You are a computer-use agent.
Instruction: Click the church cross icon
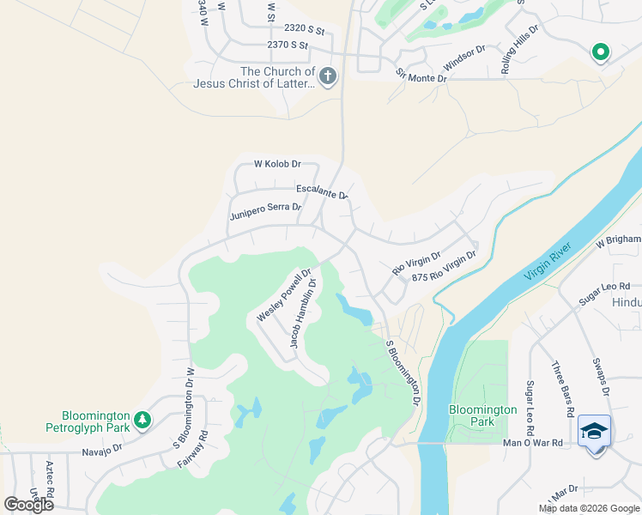tap(326, 77)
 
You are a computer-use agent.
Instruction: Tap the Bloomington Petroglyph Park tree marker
tap(142, 420)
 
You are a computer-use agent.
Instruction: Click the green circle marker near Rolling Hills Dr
tap(600, 52)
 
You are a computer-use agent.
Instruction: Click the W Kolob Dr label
tap(277, 163)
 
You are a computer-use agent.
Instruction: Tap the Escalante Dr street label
tap(322, 191)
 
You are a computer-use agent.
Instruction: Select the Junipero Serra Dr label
tap(265, 211)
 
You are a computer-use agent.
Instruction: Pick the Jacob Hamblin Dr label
tap(303, 313)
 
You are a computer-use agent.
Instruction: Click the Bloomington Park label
tap(483, 415)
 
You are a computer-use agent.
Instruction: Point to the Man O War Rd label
tap(532, 443)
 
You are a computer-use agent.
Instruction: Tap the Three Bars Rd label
tap(563, 388)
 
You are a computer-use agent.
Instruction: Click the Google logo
tap(28, 505)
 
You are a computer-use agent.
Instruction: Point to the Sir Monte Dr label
tap(421, 76)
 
